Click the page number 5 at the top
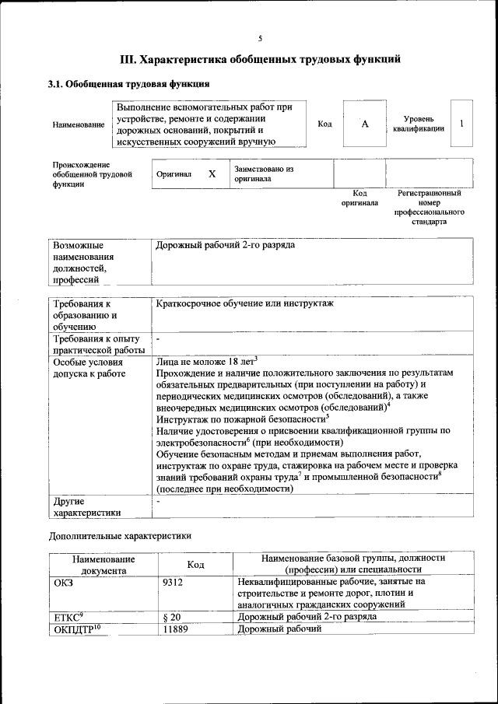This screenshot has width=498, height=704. (260, 37)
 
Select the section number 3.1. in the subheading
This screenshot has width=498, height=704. (57, 84)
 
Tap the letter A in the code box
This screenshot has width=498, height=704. (364, 124)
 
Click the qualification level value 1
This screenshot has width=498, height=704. (461, 124)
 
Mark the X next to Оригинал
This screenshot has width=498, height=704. (212, 174)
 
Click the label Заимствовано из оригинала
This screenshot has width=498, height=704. (263, 173)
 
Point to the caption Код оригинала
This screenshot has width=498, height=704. (359, 198)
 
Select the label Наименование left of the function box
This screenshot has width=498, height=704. (78, 124)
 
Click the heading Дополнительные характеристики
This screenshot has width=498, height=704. (119, 536)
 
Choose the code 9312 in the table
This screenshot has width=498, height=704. (175, 581)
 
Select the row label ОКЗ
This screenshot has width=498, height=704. (64, 581)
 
